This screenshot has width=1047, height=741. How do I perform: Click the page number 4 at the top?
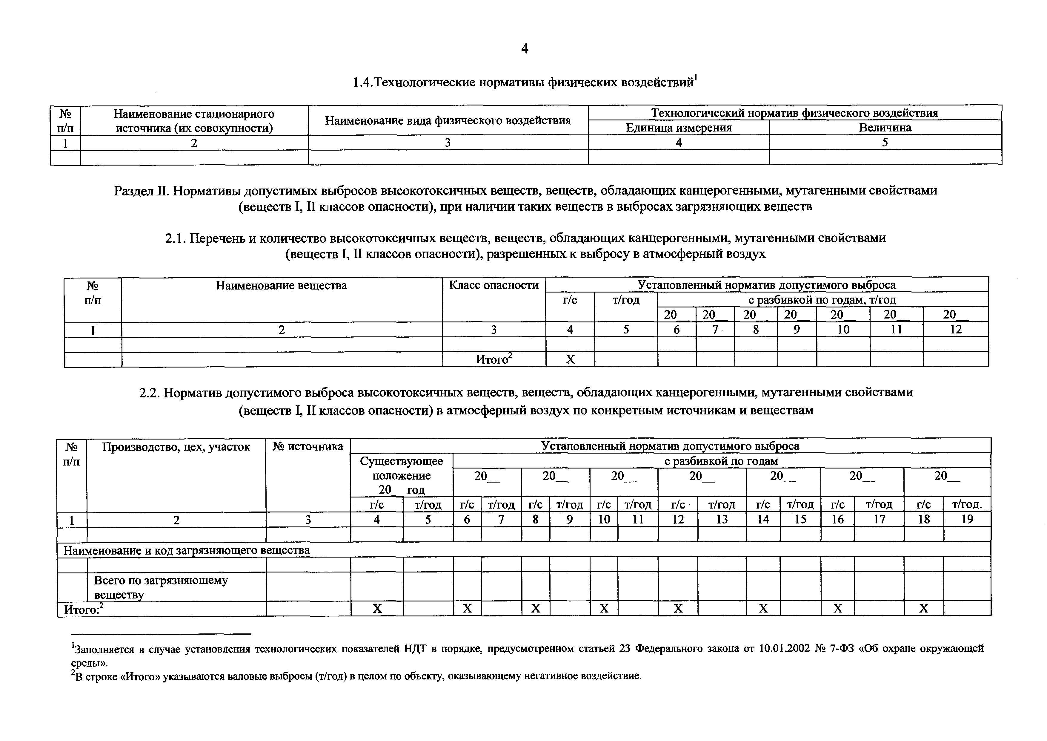tap(525, 48)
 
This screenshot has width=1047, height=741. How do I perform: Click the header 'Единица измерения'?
tap(679, 128)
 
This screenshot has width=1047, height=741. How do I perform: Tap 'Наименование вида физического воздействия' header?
tap(448, 120)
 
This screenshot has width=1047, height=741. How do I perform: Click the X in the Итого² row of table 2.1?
tap(570, 359)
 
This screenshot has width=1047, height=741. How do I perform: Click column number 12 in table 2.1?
tap(956, 330)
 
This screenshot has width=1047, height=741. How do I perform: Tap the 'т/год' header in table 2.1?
tap(626, 300)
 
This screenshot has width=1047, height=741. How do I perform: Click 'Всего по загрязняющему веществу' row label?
tap(161, 587)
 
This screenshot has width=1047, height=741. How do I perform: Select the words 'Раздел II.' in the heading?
tap(142, 191)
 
